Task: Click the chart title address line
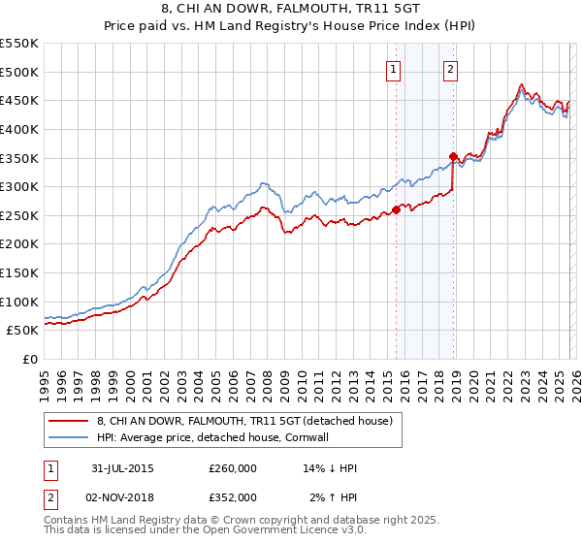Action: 291,10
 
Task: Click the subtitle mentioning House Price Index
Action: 291,27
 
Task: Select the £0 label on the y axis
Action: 30,360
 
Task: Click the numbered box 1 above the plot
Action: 394,69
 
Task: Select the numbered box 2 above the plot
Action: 452,69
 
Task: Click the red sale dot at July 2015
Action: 396,209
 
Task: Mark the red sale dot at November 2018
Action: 453,156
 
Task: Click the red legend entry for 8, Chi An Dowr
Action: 243,421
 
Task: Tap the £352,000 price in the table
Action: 233,496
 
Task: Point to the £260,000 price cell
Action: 233,468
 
